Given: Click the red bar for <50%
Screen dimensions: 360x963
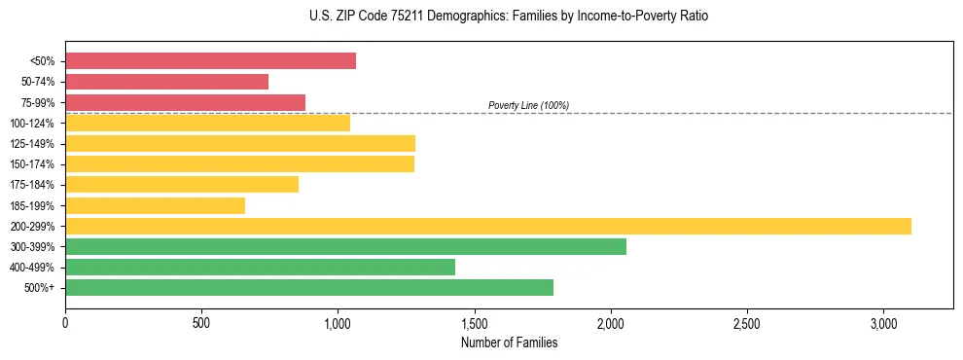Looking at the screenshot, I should [x=210, y=61].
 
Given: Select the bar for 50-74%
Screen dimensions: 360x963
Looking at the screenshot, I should [x=166, y=82].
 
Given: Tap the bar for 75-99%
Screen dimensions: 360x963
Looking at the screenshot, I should [x=185, y=102].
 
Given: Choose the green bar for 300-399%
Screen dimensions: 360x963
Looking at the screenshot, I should [x=345, y=246].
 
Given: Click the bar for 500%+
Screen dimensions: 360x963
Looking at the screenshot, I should [x=309, y=287].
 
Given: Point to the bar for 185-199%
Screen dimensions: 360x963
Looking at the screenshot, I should [x=155, y=205].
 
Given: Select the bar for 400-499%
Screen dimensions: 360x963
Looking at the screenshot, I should [x=260, y=267].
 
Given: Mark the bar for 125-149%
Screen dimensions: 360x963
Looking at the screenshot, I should [x=240, y=143].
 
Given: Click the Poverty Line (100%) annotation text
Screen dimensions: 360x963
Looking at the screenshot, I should [x=528, y=105].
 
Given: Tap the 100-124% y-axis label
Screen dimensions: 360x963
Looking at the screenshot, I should [x=32, y=124].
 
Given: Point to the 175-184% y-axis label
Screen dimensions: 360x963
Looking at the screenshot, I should [x=32, y=185].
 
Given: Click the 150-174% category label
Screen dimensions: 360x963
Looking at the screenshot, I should [x=32, y=164].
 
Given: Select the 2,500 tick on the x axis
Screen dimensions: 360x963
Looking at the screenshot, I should [x=747, y=322].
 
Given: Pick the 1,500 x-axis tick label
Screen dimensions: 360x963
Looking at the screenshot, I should [x=474, y=322].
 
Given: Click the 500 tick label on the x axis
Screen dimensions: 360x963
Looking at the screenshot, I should [x=201, y=322].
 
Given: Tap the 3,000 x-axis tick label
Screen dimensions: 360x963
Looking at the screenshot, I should [x=883, y=322].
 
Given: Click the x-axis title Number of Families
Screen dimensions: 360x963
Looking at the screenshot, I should [x=509, y=342].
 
